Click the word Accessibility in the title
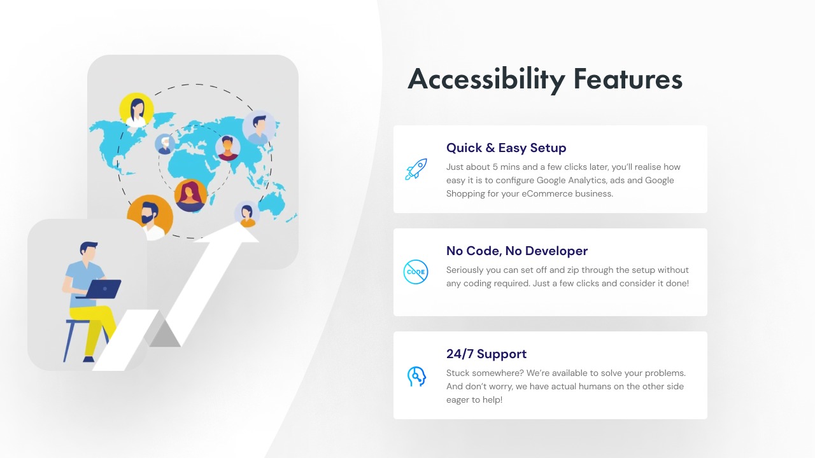click(486, 80)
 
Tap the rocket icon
click(416, 169)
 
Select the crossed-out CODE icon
click(416, 272)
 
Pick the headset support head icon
click(416, 376)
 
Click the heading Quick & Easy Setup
click(506, 148)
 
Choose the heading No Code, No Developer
click(516, 251)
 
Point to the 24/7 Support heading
click(486, 354)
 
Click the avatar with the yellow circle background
click(136, 109)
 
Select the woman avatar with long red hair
click(190, 195)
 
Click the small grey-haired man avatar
click(165, 144)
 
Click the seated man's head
click(89, 251)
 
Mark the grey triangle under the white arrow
click(164, 334)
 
